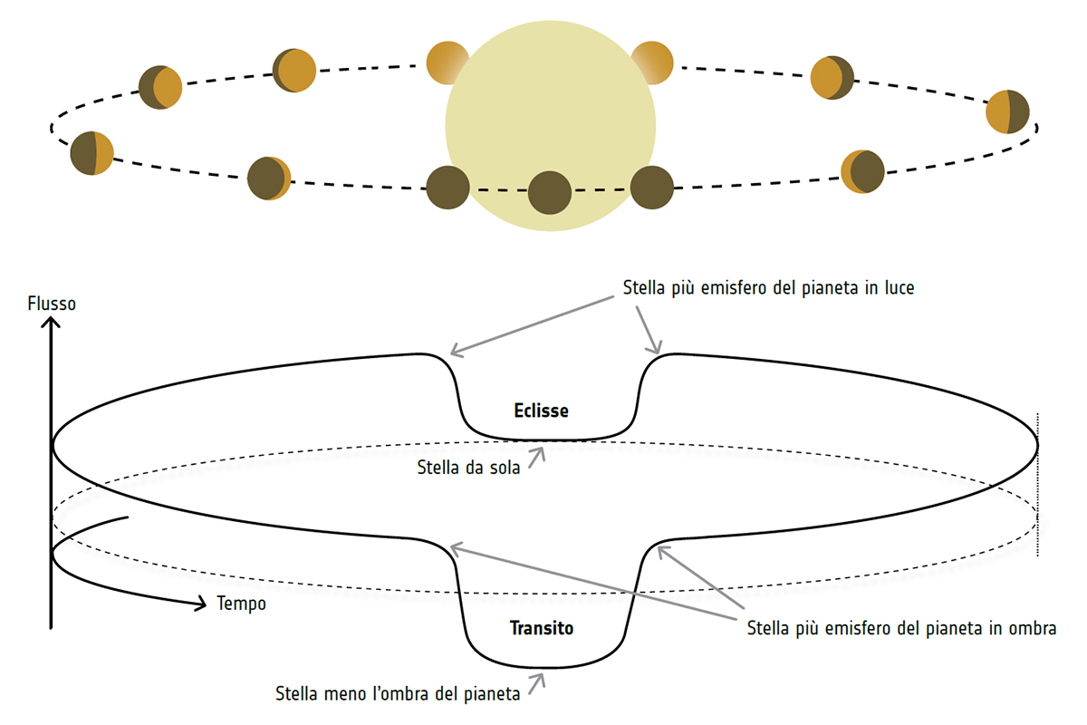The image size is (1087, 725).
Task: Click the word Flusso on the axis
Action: pyautogui.click(x=52, y=304)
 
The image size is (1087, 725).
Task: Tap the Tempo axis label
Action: pyautogui.click(x=242, y=604)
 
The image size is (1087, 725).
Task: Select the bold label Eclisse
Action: pyautogui.click(x=541, y=411)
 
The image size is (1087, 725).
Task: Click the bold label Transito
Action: pyautogui.click(x=542, y=627)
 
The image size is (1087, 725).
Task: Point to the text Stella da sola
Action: pyautogui.click(x=468, y=469)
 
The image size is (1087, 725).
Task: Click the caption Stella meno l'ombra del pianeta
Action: pyautogui.click(x=398, y=695)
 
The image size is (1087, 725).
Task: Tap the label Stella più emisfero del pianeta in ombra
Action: pyautogui.click(x=901, y=628)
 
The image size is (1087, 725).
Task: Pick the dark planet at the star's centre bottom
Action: pyautogui.click(x=550, y=192)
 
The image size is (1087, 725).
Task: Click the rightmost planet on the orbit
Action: pyautogui.click(x=1007, y=111)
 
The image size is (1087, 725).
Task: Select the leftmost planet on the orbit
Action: pyautogui.click(x=91, y=152)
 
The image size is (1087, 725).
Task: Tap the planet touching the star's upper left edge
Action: pyautogui.click(x=448, y=62)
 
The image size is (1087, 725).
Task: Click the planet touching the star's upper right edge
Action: pyautogui.click(x=651, y=63)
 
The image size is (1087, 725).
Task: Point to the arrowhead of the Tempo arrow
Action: pyautogui.click(x=201, y=604)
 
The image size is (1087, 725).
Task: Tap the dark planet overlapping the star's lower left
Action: pyautogui.click(x=447, y=188)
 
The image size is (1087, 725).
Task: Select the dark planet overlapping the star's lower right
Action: pyautogui.click(x=652, y=188)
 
